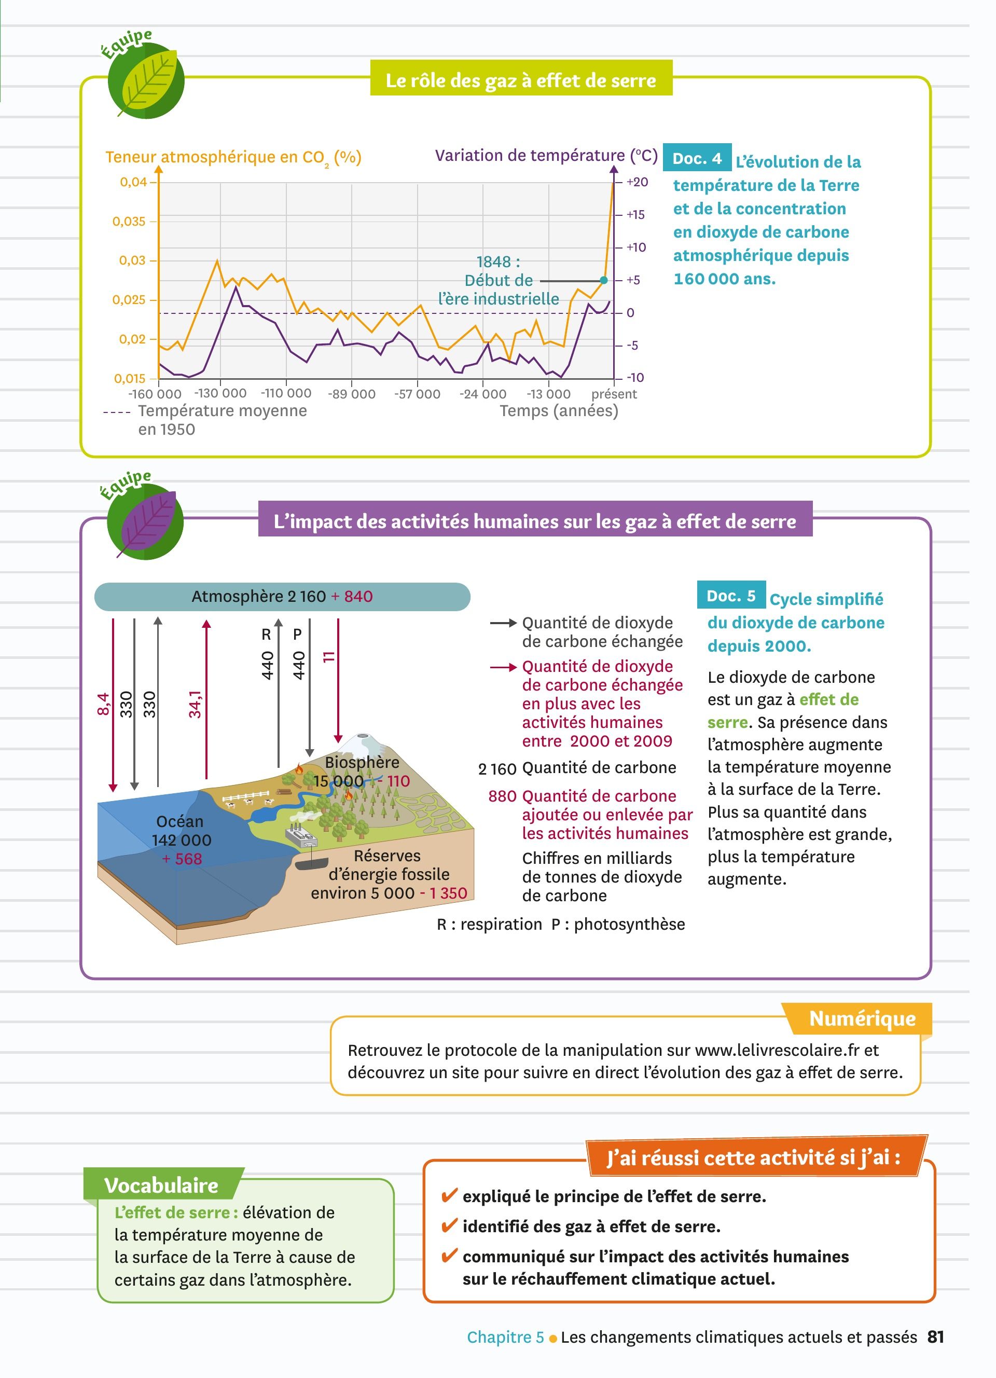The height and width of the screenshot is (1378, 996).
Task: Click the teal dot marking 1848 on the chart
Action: [603, 280]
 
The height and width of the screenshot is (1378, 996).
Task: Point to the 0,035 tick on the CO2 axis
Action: [129, 222]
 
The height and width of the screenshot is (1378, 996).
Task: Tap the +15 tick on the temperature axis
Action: [635, 214]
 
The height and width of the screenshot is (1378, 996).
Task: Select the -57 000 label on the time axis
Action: [417, 394]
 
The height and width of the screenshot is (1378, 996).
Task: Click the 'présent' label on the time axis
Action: [614, 394]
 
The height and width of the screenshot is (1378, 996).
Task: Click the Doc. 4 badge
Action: [697, 159]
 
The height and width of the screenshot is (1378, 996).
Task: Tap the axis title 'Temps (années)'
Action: [559, 411]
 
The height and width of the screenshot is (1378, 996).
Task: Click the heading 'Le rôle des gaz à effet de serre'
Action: [520, 80]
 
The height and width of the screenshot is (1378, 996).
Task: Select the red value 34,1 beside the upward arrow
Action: [195, 704]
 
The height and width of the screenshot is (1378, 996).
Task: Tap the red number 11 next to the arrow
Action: [328, 656]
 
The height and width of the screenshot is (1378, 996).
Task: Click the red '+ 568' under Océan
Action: [182, 859]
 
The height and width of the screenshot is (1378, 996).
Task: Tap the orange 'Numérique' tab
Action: [862, 1018]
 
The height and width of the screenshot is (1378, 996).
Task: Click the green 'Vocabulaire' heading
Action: [161, 1186]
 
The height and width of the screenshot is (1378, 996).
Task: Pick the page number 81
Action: [935, 1336]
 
